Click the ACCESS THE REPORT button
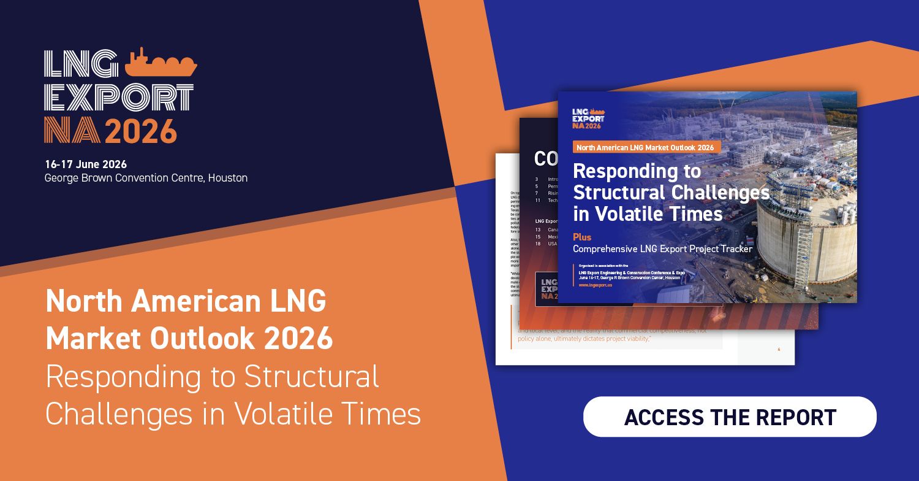point(729,417)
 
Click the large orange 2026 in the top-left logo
point(141,130)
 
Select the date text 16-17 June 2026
point(86,164)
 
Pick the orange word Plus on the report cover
point(582,237)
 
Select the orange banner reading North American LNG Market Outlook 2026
point(647,147)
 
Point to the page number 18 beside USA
point(537,244)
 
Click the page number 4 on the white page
point(779,349)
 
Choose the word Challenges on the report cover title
point(720,193)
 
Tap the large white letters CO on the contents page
point(545,159)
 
